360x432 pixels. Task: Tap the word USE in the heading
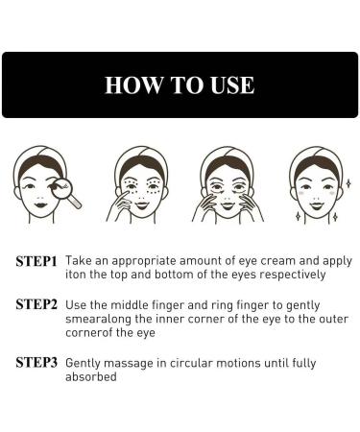click(x=230, y=84)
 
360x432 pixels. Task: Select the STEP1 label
click(x=37, y=260)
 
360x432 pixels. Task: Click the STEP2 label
click(x=37, y=304)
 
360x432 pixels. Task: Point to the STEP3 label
click(x=37, y=363)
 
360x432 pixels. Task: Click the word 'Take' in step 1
click(x=84, y=260)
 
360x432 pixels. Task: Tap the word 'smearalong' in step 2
click(x=106, y=319)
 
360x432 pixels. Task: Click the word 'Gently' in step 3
click(x=92, y=363)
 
